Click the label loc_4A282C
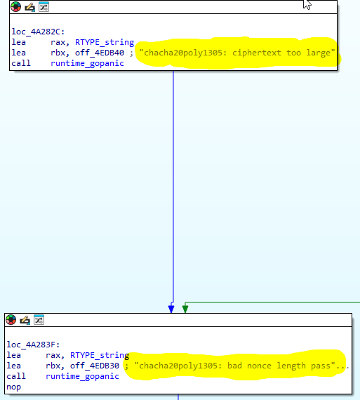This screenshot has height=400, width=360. pyautogui.click(x=38, y=32)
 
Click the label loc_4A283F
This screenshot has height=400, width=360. pyautogui.click(x=33, y=345)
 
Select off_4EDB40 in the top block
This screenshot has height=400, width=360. pyautogui.click(x=100, y=53)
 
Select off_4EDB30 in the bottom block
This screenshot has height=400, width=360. pyautogui.click(x=95, y=366)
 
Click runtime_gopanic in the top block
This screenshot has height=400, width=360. pyautogui.click(x=87, y=63)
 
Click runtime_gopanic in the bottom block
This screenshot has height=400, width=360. pyautogui.click(x=82, y=376)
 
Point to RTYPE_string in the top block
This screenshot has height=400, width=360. pyautogui.click(x=105, y=42)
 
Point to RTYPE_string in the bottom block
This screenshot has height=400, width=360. pyautogui.click(x=100, y=355)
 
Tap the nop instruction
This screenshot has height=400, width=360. pyautogui.click(x=13, y=387)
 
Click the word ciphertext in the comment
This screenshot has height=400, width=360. pyautogui.click(x=257, y=53)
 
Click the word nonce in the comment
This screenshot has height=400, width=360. pyautogui.click(x=259, y=366)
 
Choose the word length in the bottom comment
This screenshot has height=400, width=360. pyautogui.click(x=291, y=366)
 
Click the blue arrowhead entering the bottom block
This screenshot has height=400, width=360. pyautogui.click(x=171, y=309)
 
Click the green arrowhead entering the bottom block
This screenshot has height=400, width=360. pyautogui.click(x=185, y=309)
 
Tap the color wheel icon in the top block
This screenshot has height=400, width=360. pyautogui.click(x=16, y=7)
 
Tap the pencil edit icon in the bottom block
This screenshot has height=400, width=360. pyautogui.click(x=25, y=320)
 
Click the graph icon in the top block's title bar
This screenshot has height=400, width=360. pyautogui.click(x=44, y=7)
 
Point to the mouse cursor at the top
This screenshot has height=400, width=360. pyautogui.click(x=307, y=4)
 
